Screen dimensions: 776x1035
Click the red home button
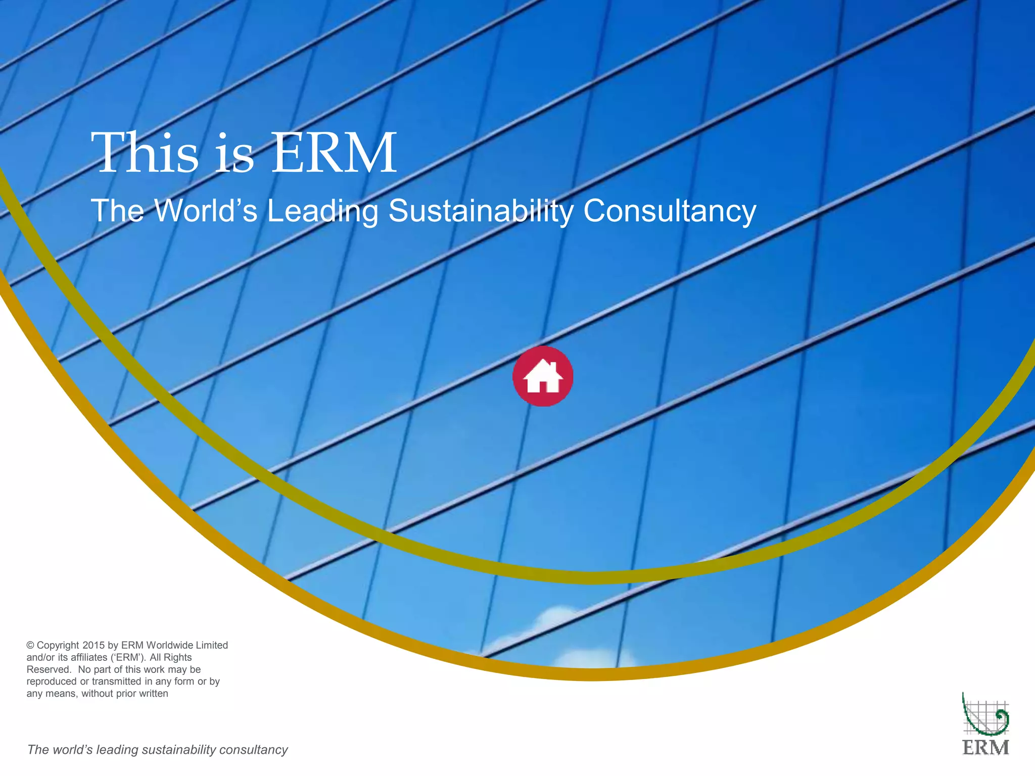coord(543,376)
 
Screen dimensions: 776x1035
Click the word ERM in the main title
coord(334,153)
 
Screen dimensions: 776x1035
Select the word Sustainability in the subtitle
coord(481,211)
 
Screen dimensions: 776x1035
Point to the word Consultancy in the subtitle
coord(670,211)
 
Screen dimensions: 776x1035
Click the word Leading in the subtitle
coord(322,211)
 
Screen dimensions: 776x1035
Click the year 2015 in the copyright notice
coord(93,645)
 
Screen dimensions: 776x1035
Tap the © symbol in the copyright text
coord(30,645)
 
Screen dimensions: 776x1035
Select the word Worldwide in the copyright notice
coord(170,645)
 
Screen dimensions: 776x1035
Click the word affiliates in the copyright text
coord(82,657)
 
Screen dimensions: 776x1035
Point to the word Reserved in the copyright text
coord(49,669)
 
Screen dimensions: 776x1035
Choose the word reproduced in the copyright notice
coord(52,682)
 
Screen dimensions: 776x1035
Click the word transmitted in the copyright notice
coord(116,682)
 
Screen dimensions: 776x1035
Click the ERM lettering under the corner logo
coord(985,748)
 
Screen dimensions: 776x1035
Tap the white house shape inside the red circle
coord(543,377)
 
